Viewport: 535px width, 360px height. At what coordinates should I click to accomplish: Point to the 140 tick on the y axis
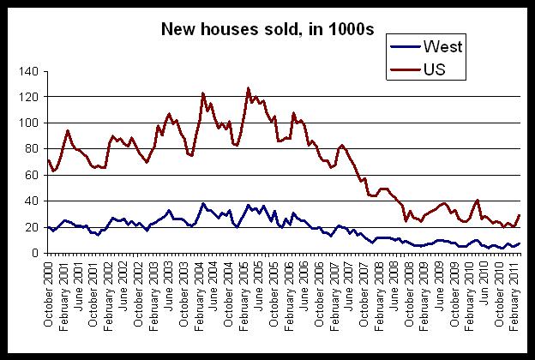click(33, 71)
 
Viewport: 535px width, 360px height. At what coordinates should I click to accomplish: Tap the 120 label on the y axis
click(33, 97)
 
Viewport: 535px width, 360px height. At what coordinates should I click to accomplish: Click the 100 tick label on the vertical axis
click(33, 123)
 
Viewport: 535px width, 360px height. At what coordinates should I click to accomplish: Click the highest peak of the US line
click(249, 88)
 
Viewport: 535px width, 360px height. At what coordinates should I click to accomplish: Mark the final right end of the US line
click(520, 215)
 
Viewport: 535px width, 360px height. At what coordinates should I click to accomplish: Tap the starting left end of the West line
click(48, 227)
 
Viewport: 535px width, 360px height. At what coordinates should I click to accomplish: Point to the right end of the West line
click(520, 243)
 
